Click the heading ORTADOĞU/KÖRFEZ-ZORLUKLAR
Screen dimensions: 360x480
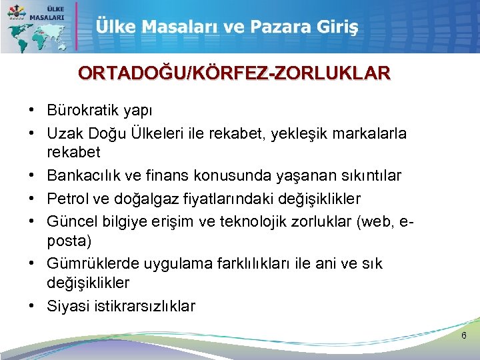click(x=234, y=73)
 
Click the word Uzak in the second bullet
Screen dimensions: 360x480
click(x=65, y=133)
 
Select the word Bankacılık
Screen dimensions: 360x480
click(x=85, y=175)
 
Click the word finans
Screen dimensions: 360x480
click(x=171, y=175)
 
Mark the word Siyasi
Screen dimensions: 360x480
click(x=66, y=306)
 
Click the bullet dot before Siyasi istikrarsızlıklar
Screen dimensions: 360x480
click(x=32, y=306)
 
